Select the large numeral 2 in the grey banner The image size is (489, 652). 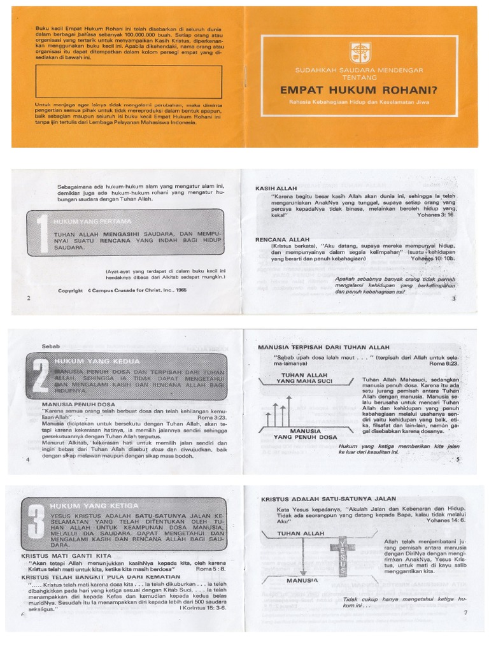[x=39, y=379]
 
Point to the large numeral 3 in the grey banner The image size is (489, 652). [x=38, y=524]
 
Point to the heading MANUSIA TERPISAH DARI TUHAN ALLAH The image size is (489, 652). [x=323, y=348]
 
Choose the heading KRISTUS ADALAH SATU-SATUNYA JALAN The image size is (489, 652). [x=329, y=499]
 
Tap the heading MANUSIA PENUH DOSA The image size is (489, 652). [x=78, y=404]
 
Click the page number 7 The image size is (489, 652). [x=465, y=613]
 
